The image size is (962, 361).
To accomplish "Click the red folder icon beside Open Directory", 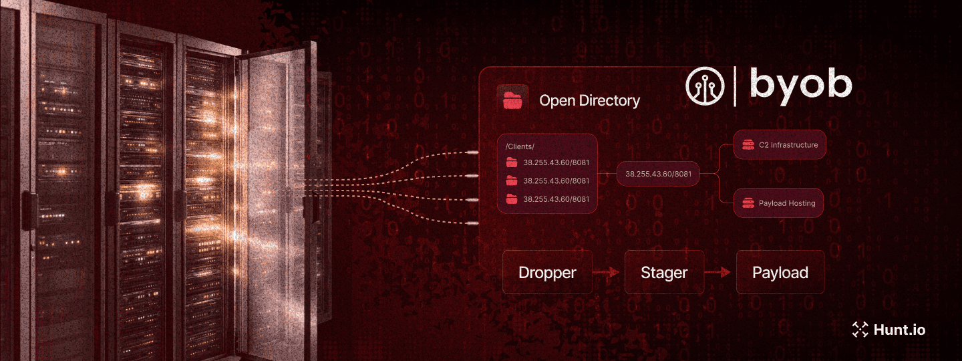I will [513, 100].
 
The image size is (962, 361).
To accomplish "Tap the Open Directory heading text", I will [589, 101].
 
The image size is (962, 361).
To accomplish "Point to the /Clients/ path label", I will [520, 146].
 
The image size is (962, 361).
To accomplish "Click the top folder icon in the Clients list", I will [512, 162].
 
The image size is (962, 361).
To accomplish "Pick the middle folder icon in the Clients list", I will [512, 180].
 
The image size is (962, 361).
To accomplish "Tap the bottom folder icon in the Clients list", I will [512, 199].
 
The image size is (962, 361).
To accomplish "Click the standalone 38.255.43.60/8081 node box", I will [658, 174].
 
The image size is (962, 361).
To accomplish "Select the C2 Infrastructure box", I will [780, 144].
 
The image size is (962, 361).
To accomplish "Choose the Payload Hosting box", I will [778, 203].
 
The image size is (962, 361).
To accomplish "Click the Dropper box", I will [547, 273].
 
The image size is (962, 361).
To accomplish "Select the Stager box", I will [664, 273].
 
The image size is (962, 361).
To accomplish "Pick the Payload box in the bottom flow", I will [780, 273].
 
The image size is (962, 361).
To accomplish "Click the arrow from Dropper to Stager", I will [609, 273].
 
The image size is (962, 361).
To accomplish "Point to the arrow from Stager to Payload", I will [720, 273].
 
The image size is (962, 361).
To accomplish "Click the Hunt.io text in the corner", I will [899, 330].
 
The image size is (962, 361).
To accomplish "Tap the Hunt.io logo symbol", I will [860, 329].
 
